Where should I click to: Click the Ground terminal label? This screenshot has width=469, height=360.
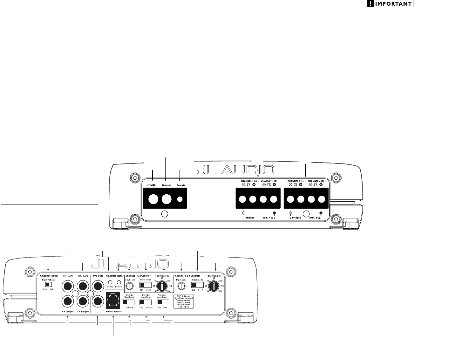[166, 185]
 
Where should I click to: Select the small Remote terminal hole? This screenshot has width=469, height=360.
[180, 199]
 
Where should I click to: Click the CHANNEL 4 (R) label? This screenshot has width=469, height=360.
[316, 181]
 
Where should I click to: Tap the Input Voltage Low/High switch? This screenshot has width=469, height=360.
[49, 284]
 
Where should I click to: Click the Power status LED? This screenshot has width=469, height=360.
[110, 282]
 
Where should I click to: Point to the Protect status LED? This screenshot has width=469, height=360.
[119, 282]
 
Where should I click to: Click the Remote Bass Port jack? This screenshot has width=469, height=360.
[113, 300]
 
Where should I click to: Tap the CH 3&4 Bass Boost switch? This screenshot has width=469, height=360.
[128, 302]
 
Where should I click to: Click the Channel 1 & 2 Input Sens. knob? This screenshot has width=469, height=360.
[130, 286]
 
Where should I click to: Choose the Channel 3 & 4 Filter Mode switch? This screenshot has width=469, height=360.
[198, 285]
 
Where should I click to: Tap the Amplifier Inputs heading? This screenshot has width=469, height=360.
[49, 276]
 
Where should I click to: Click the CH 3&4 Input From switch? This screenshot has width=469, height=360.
[146, 302]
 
